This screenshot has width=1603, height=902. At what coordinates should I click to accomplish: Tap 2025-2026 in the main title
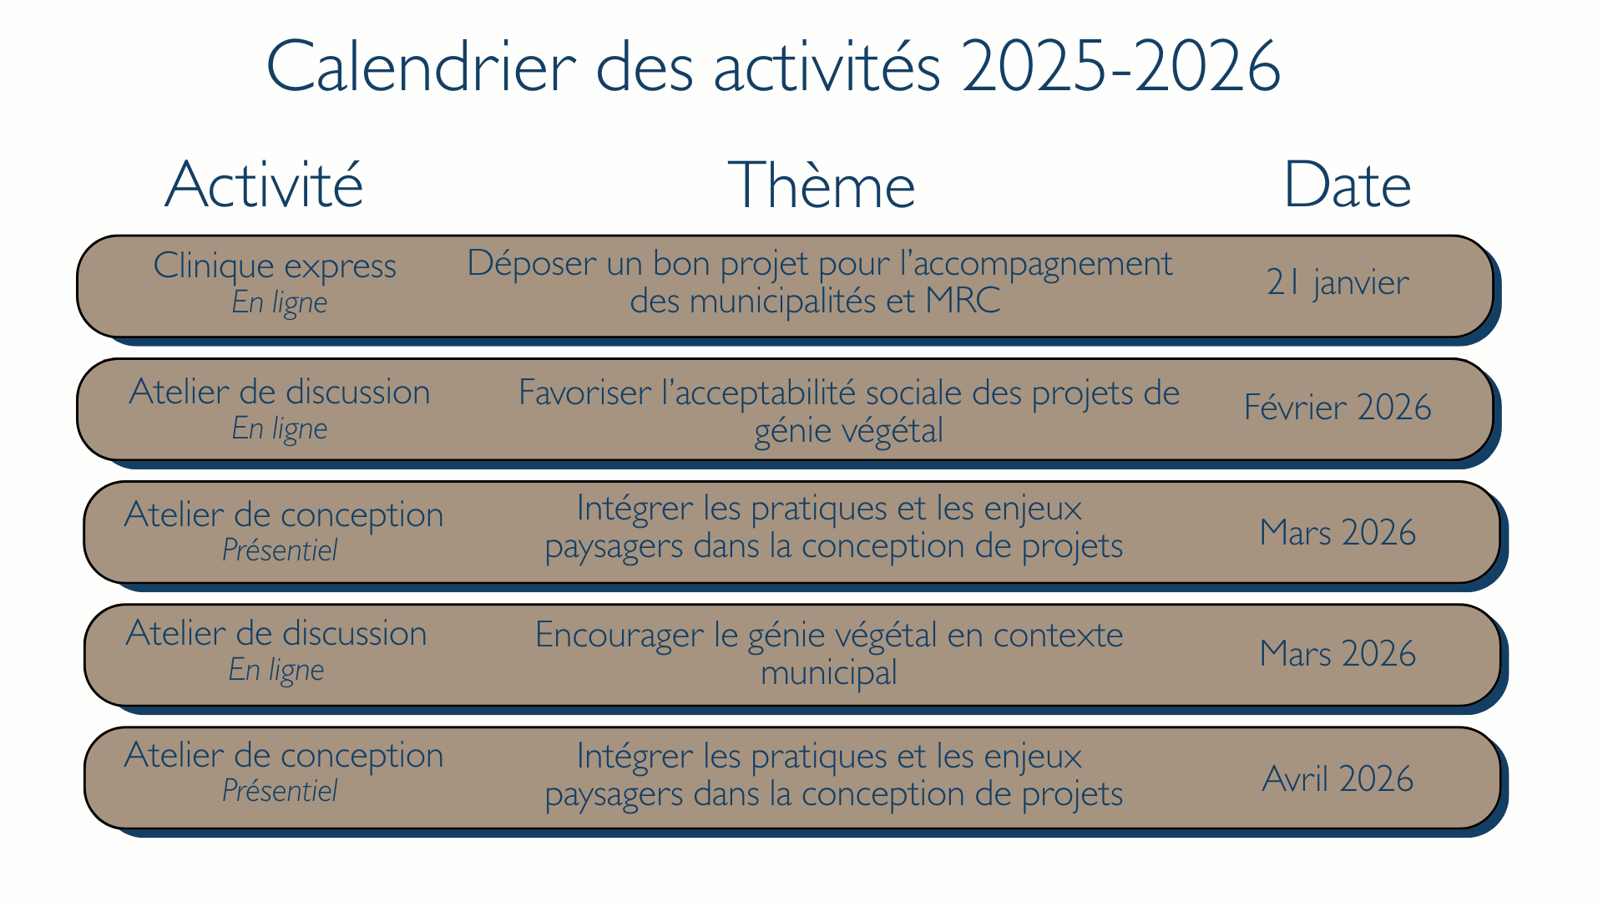(1120, 66)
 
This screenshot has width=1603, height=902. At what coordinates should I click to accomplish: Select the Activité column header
(264, 185)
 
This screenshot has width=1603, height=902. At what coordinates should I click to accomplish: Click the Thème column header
(822, 185)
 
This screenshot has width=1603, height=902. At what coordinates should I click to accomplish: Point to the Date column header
(1347, 185)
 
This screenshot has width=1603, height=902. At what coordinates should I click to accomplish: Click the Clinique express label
(275, 266)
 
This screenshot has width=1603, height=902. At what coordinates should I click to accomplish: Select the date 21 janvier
(1337, 282)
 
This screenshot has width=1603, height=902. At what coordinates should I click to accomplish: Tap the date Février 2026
(1337, 408)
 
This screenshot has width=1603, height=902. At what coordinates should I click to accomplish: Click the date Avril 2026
(1337, 779)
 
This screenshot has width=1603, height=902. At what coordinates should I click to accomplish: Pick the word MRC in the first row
(962, 301)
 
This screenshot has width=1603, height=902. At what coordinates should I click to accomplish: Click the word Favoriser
(584, 393)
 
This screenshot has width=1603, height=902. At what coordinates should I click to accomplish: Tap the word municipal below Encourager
(828, 673)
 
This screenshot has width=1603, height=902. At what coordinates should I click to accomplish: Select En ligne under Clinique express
(279, 302)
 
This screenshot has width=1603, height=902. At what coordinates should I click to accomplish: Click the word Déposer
(531, 264)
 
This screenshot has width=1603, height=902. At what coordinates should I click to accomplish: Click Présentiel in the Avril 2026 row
(279, 791)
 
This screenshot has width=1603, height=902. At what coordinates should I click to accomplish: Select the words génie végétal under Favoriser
(848, 431)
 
